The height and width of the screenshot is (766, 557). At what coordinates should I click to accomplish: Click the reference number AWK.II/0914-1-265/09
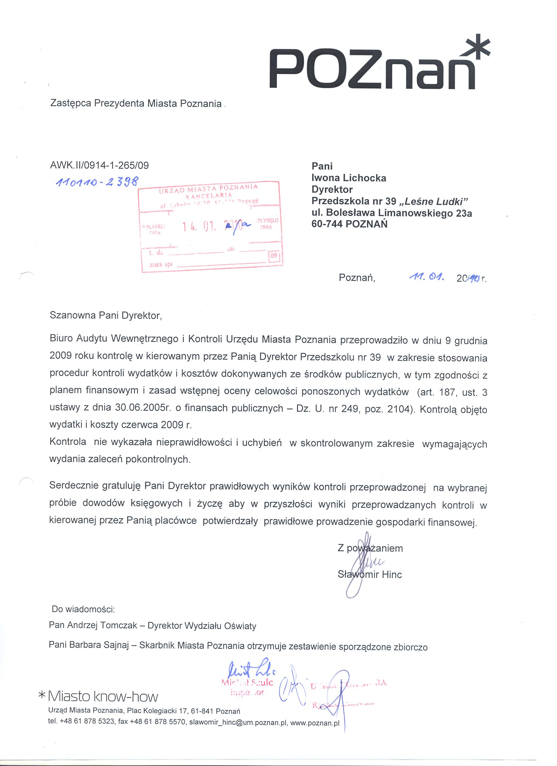99,165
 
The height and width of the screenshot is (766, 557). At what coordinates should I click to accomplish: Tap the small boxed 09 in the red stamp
274,255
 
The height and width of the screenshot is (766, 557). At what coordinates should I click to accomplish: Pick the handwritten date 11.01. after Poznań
426,278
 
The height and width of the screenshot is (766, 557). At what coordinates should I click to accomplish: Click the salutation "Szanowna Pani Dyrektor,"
106,316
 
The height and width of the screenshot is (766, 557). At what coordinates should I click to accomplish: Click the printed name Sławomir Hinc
370,574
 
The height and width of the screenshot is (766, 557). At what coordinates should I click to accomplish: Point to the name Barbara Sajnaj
99,645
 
